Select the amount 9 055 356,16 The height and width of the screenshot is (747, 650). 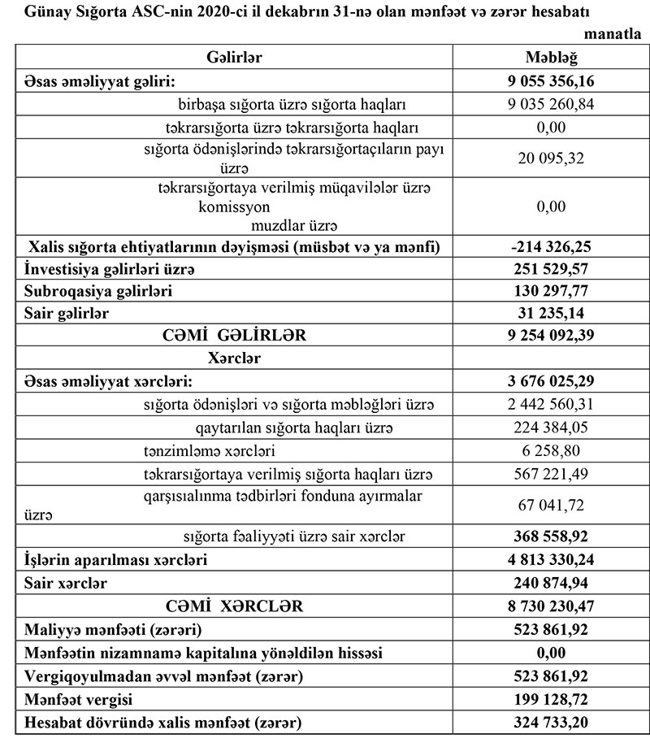coord(552,81)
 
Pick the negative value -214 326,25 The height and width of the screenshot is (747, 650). coord(552,246)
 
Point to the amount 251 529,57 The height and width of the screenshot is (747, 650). coord(552,268)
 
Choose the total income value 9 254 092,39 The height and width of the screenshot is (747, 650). coord(552,334)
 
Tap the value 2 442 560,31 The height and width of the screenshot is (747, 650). coord(552,404)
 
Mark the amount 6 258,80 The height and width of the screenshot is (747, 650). coord(552,450)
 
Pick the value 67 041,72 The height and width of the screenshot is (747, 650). coord(552,506)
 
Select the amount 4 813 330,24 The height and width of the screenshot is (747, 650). coord(552,560)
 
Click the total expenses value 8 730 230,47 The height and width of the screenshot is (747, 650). coord(552,606)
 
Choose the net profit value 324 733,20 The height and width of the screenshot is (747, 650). coord(552,722)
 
